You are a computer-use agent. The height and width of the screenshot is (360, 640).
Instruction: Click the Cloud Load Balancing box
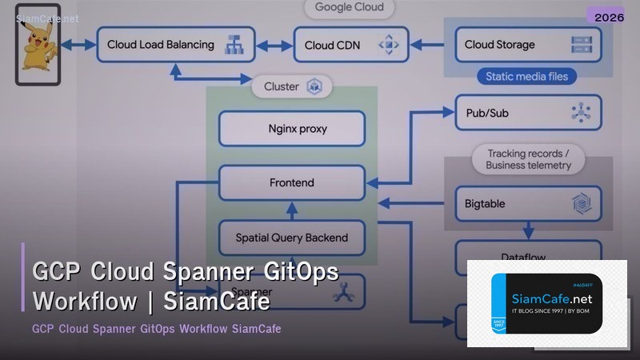point(175,45)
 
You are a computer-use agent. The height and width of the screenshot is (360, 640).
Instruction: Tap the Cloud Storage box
point(528,45)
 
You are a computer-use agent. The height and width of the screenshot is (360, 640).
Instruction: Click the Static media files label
point(526,77)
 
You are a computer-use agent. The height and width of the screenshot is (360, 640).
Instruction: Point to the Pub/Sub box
point(528,113)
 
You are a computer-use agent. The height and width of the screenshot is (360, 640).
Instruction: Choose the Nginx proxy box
point(292,129)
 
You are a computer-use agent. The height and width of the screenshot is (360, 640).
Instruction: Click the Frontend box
point(292,182)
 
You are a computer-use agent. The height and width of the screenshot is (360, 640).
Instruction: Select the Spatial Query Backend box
point(292,237)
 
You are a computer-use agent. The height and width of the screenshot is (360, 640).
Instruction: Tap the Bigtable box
point(528,203)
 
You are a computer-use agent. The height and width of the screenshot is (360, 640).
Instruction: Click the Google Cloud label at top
point(350,7)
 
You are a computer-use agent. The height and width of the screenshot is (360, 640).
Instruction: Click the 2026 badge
point(605,17)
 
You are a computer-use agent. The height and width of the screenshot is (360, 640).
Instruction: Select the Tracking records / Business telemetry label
point(528,158)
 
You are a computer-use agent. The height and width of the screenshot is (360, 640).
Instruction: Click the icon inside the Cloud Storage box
point(581,45)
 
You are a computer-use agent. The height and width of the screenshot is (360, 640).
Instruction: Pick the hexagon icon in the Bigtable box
point(581,204)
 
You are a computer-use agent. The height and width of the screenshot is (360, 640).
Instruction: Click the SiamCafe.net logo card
point(546,303)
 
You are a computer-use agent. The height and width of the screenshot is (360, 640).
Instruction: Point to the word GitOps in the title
point(297,271)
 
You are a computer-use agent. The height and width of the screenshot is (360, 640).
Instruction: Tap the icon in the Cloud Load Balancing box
point(234,45)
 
